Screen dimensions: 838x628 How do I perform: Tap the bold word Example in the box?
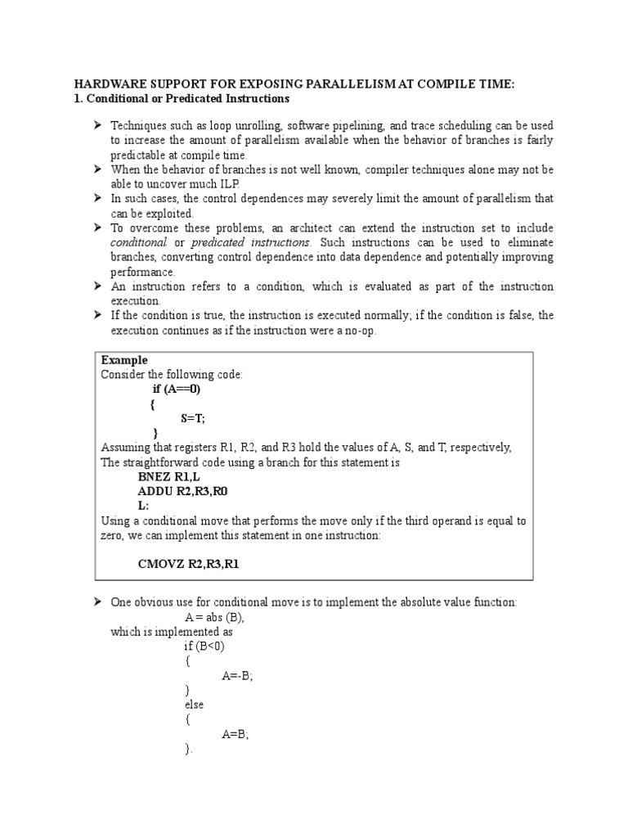point(124,360)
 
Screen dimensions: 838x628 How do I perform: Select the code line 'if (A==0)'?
point(176,389)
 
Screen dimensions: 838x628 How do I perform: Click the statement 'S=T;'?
point(193,417)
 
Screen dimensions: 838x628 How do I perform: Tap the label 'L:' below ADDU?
point(144,506)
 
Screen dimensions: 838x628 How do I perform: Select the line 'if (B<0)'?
point(204,646)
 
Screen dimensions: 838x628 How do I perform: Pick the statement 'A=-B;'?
point(237,675)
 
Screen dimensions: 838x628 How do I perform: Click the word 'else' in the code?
point(195,704)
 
